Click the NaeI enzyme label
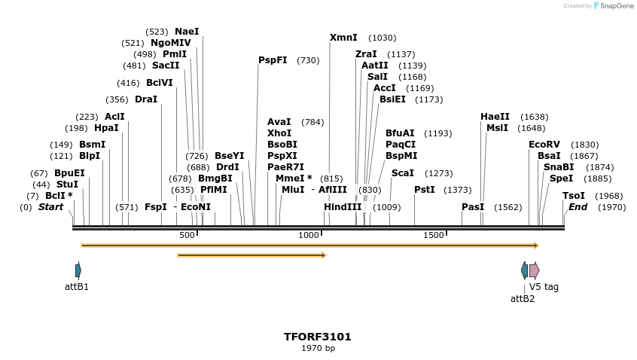click(187, 32)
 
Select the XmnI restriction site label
click(344, 38)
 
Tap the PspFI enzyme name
click(273, 60)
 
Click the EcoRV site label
click(544, 145)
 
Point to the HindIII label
click(343, 207)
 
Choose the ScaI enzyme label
click(402, 173)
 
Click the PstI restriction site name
click(425, 190)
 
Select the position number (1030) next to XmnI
click(382, 38)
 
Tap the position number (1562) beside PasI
click(507, 207)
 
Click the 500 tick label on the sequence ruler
click(187, 236)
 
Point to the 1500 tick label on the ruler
click(434, 236)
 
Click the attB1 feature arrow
click(78, 270)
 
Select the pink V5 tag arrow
click(534, 270)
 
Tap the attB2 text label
click(523, 299)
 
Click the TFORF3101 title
click(318, 337)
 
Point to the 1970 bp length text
click(318, 349)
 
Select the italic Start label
click(51, 207)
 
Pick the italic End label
click(578, 207)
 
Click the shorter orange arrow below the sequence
click(251, 255)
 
